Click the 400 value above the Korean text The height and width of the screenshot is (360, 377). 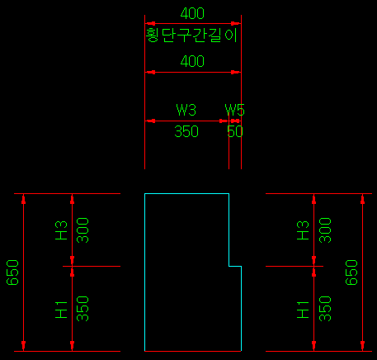192,13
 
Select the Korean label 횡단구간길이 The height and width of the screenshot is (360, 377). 191,36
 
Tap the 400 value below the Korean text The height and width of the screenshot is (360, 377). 192,61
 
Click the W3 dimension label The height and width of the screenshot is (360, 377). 186,110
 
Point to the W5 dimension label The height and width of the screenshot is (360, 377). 234,110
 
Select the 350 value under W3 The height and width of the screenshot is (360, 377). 186,131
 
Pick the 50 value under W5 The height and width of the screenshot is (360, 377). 235,131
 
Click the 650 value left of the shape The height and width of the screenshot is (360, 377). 12,272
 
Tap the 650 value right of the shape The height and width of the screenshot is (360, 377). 351,272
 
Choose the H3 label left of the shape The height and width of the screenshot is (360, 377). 61,230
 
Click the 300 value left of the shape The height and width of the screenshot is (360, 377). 82,230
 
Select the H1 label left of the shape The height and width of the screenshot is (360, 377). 61,310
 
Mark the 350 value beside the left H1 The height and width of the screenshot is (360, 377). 82,309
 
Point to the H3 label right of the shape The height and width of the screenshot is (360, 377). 303,230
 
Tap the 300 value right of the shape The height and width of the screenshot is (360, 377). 325,230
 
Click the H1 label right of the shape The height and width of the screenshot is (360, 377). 303,310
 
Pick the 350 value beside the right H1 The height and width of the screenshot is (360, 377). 325,309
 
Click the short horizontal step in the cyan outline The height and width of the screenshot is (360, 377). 235,266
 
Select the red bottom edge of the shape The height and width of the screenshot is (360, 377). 193,351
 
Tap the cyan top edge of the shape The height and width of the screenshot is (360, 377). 186,194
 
